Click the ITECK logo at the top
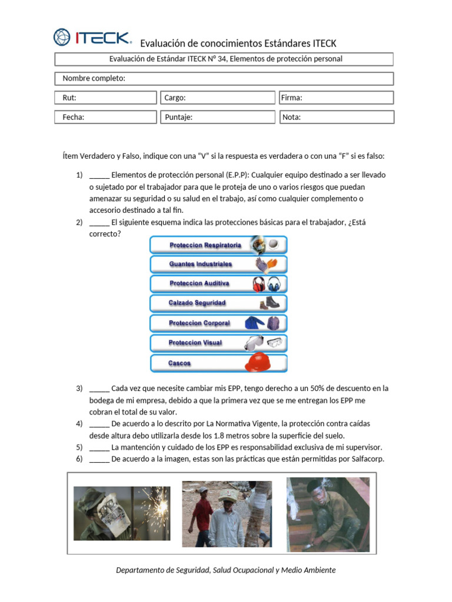coord(92,38)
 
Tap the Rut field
coord(106,98)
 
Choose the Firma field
coord(336,98)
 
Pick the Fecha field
coord(106,117)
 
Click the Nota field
coord(336,117)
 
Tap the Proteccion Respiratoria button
coord(218,245)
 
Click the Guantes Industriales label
coord(201,265)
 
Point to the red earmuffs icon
coord(258,285)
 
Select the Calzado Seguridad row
coord(218,303)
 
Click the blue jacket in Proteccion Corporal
coord(255,323)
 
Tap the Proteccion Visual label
coord(195,343)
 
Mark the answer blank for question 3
coord(99,389)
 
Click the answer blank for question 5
coord(99,447)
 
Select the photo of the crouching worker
coord(328,514)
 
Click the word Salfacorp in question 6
coord(365,459)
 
